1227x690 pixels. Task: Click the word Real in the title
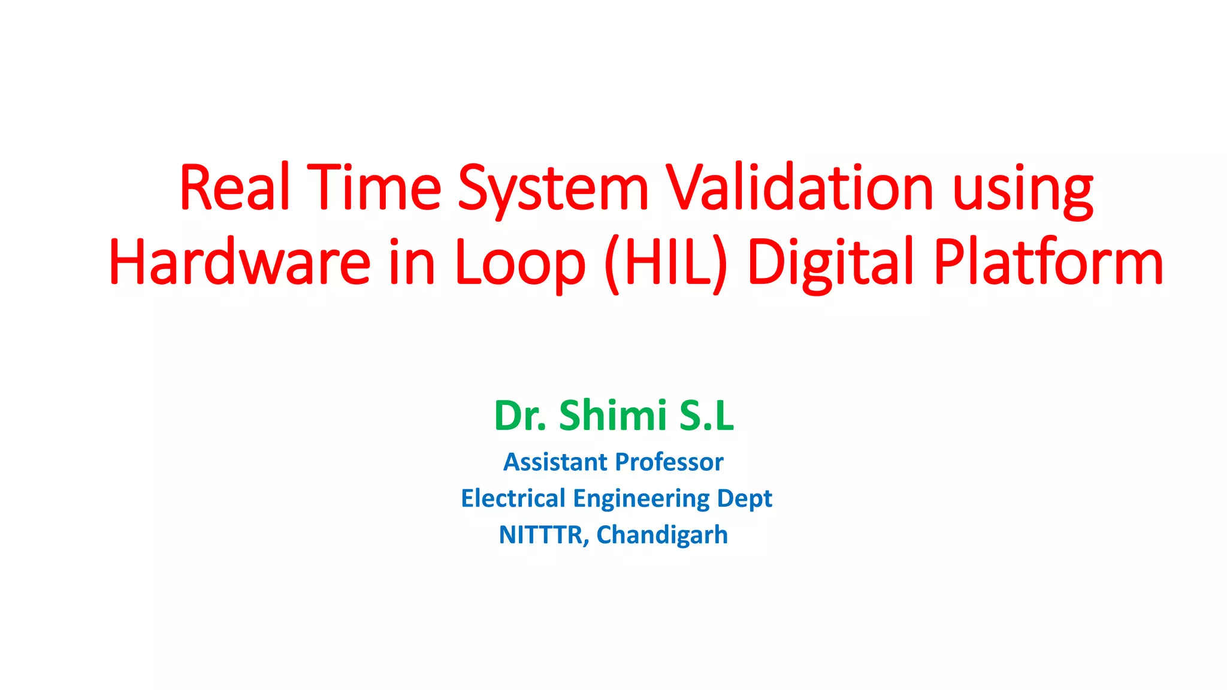pyautogui.click(x=234, y=188)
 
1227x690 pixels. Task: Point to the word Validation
pyautogui.click(x=800, y=188)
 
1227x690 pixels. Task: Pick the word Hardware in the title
pyautogui.click(x=240, y=262)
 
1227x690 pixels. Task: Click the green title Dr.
pyautogui.click(x=520, y=416)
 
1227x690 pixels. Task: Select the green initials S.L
pyautogui.click(x=706, y=416)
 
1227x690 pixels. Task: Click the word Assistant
pyautogui.click(x=555, y=462)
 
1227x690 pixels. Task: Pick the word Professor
pyautogui.click(x=669, y=462)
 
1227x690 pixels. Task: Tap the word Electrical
pyautogui.click(x=513, y=498)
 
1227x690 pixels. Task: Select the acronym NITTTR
pyautogui.click(x=543, y=535)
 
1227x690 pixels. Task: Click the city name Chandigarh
pyautogui.click(x=662, y=535)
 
